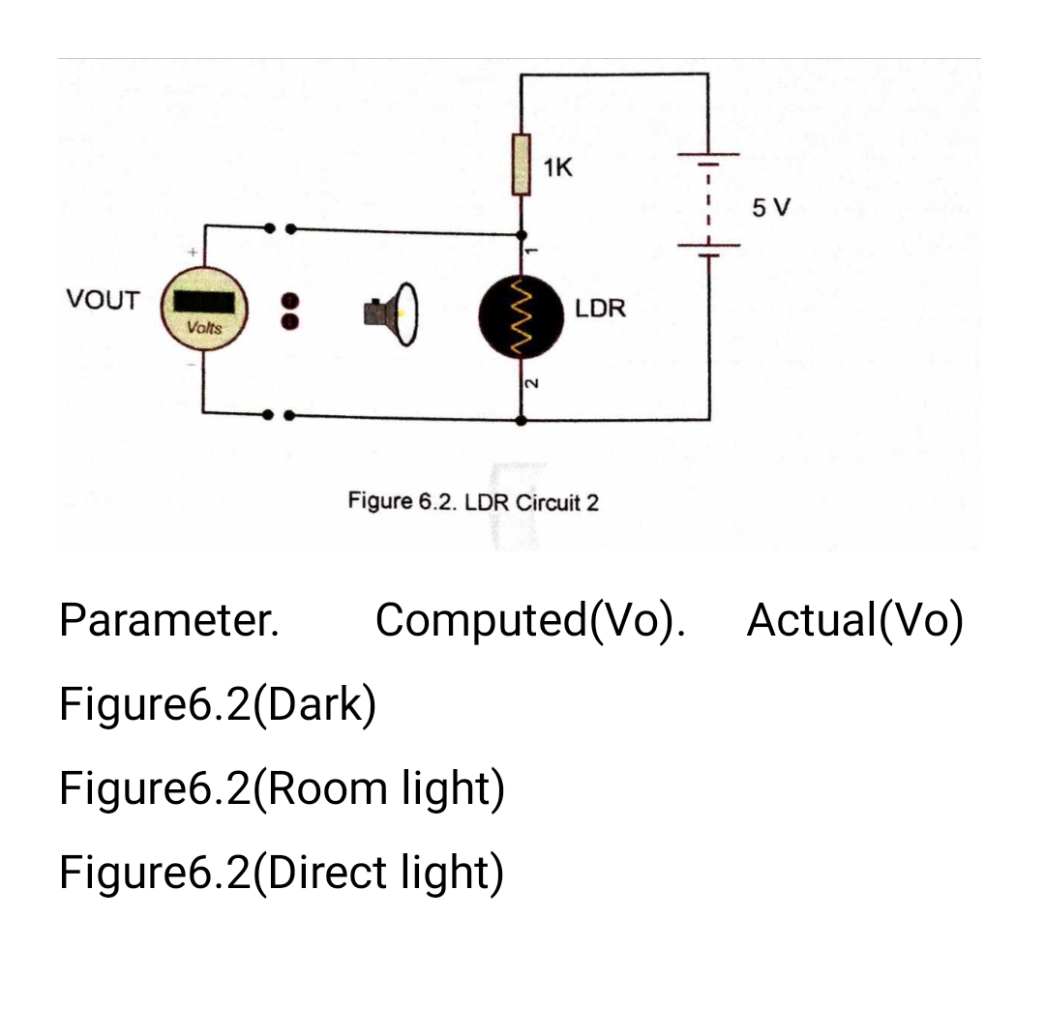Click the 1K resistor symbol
click(x=522, y=165)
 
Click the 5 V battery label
click(x=770, y=207)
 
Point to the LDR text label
click(x=601, y=310)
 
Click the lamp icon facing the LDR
click(x=391, y=312)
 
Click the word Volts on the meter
click(x=204, y=328)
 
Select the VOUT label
click(x=103, y=300)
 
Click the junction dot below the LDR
click(x=523, y=421)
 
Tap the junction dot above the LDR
click(x=523, y=234)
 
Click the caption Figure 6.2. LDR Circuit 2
click(x=473, y=503)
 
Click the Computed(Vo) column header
click(x=530, y=620)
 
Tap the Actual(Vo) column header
click(x=855, y=620)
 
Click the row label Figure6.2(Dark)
click(x=218, y=704)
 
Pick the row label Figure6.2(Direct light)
click(x=282, y=873)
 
